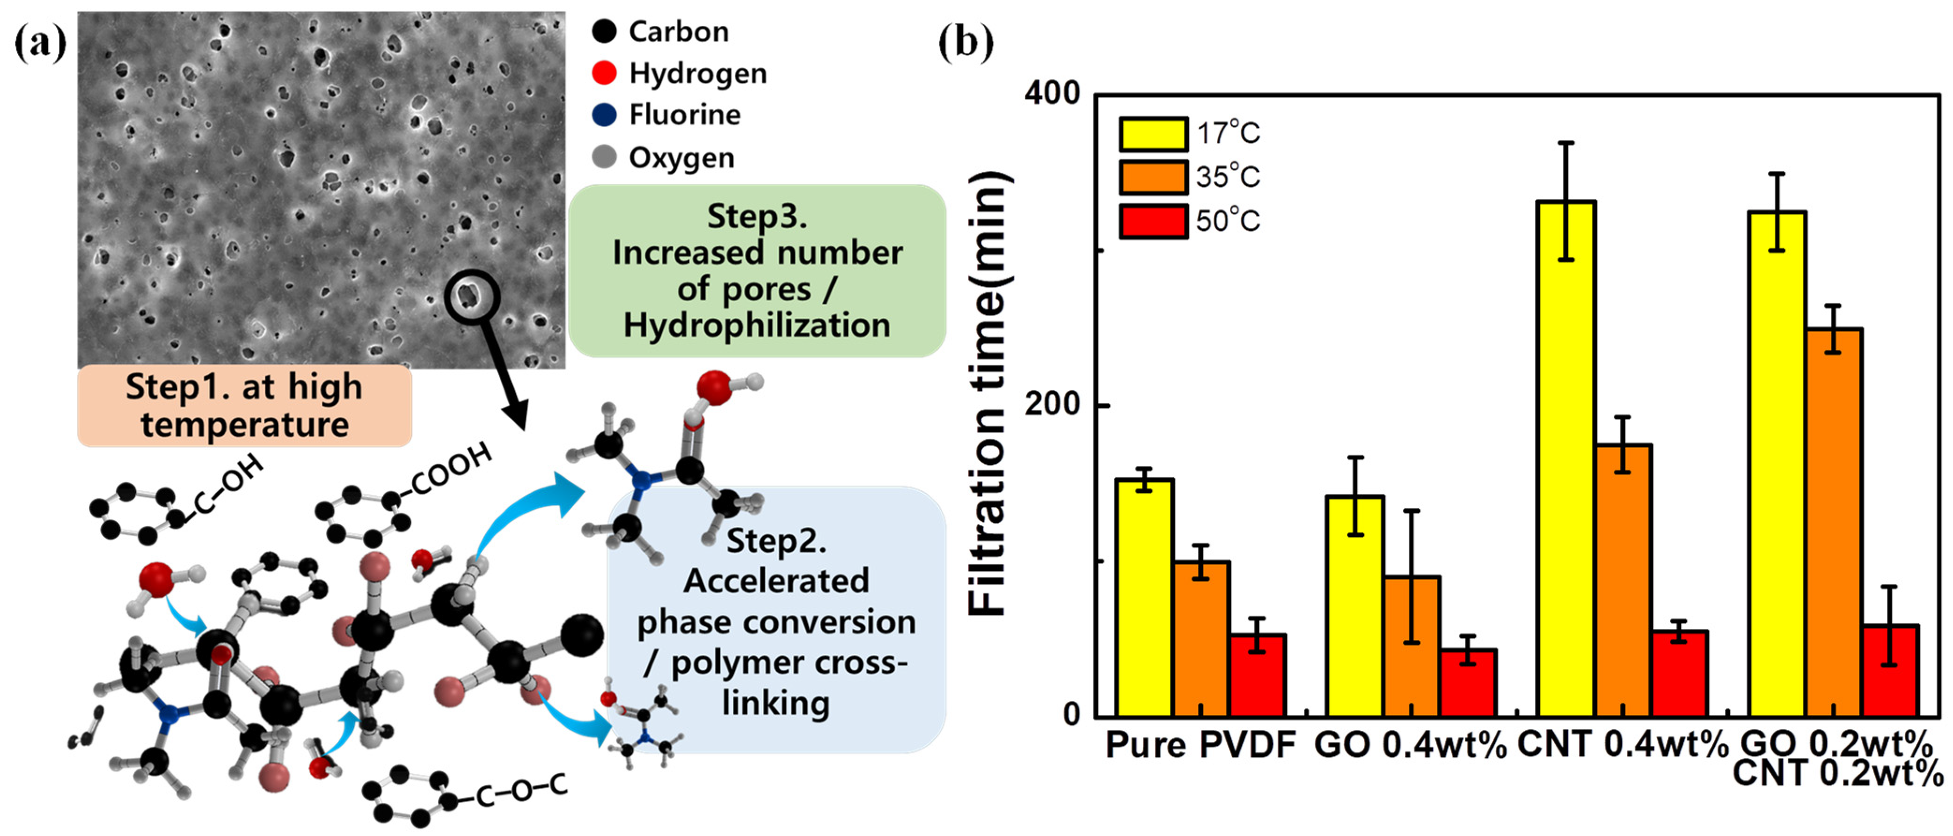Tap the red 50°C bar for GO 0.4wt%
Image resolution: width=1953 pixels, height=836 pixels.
1468,682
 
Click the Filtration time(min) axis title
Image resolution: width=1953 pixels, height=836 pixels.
989,394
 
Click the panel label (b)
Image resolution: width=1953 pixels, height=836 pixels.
965,43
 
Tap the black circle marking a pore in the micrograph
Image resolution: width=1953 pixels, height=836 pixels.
471,296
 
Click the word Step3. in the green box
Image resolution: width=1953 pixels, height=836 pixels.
757,217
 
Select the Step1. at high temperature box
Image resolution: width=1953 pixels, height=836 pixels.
244,406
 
